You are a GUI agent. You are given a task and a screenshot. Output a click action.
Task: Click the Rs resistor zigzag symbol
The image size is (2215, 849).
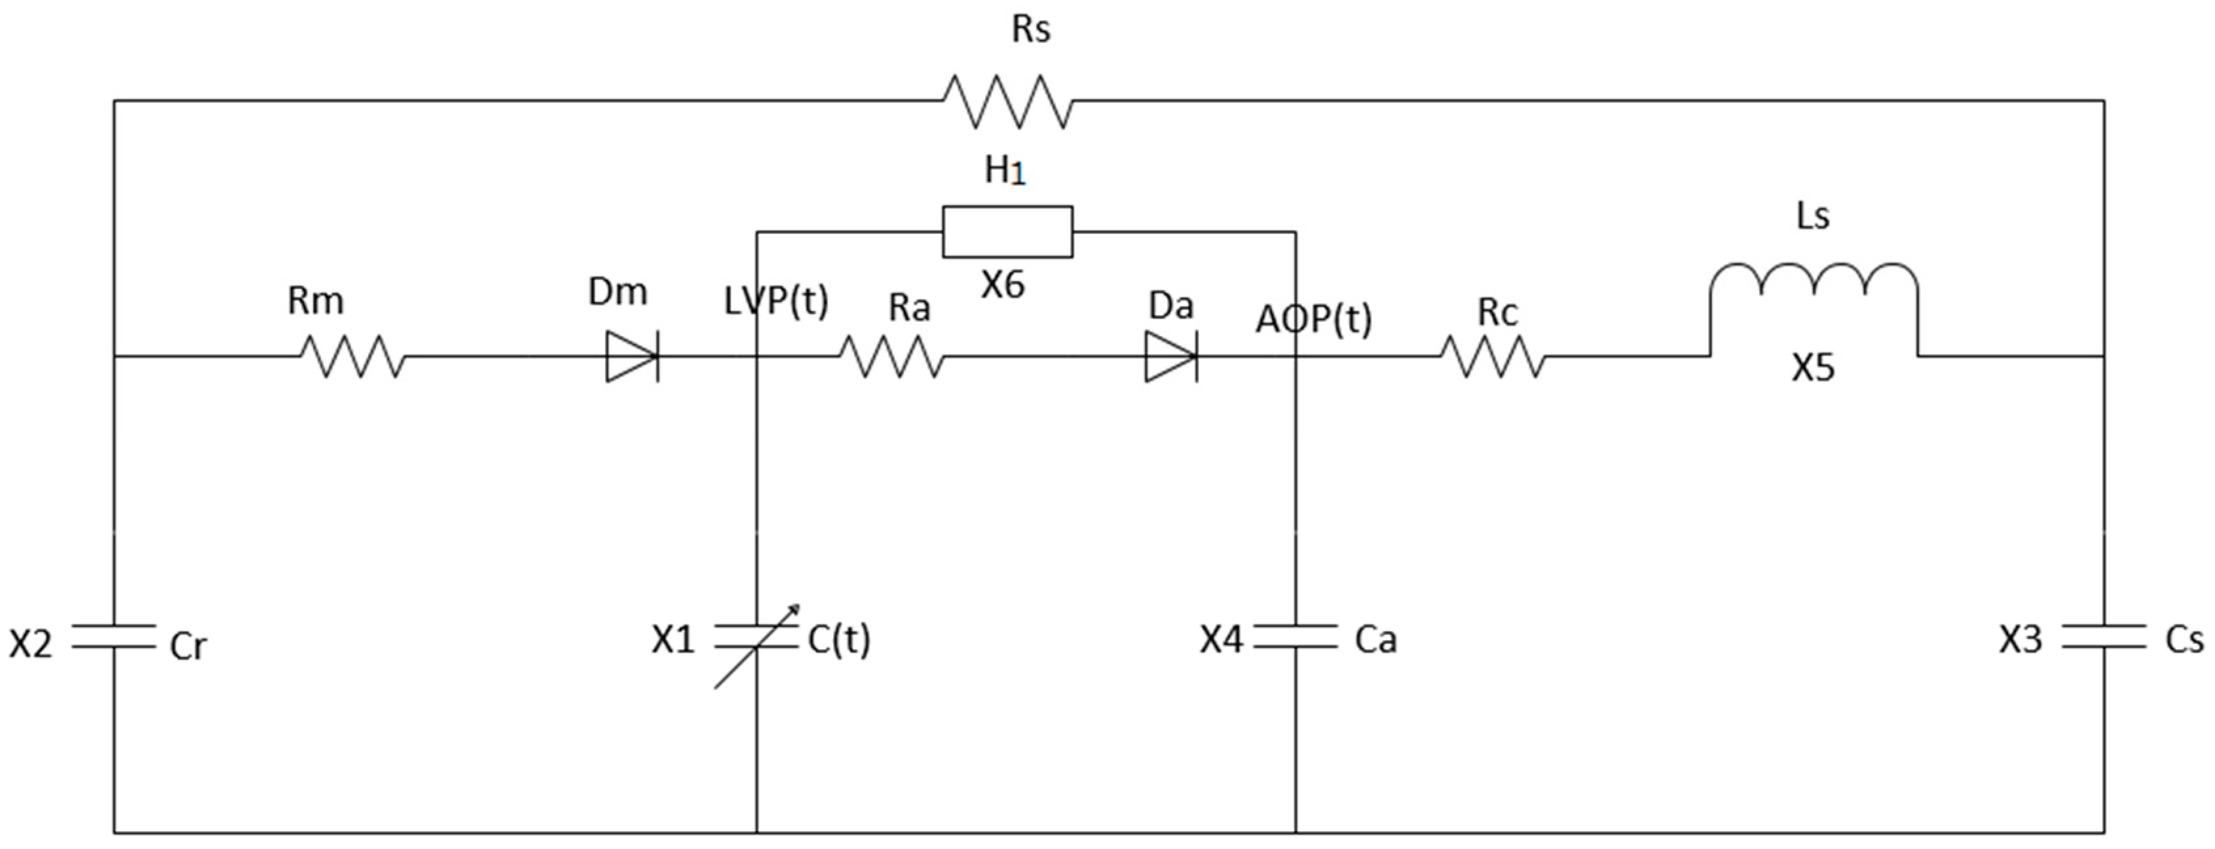tap(1008, 102)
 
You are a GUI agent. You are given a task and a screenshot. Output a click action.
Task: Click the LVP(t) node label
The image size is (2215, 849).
tap(775, 301)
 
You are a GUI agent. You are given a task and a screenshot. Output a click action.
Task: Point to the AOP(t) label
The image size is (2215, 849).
tap(1313, 319)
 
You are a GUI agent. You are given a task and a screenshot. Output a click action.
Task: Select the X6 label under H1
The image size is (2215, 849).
tap(1003, 285)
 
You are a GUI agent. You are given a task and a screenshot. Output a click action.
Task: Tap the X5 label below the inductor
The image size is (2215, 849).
tap(1813, 368)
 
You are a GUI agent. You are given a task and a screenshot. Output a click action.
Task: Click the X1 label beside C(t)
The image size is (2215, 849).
tap(673, 639)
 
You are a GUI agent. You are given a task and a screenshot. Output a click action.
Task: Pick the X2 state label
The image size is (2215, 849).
tap(31, 643)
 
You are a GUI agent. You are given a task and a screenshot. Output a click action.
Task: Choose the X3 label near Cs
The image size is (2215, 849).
tap(2020, 639)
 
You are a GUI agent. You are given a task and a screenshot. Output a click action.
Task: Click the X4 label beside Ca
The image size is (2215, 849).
tap(1221, 639)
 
